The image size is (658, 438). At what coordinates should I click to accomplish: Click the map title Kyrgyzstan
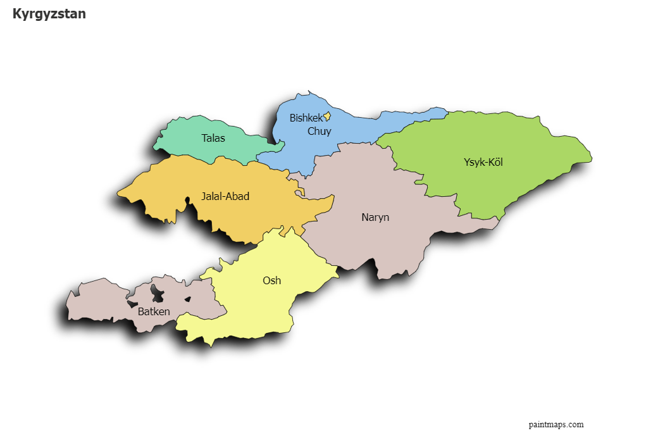pyautogui.click(x=49, y=14)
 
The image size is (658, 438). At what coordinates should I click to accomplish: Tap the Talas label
pyautogui.click(x=213, y=138)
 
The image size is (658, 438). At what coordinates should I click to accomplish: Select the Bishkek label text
pyautogui.click(x=306, y=118)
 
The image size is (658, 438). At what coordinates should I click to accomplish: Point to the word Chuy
pyautogui.click(x=319, y=132)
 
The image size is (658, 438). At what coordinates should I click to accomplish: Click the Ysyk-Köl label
pyautogui.click(x=483, y=163)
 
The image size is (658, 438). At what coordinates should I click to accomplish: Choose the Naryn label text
pyautogui.click(x=375, y=218)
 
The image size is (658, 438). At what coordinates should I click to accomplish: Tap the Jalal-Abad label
pyautogui.click(x=225, y=197)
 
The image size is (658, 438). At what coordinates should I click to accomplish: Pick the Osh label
pyautogui.click(x=272, y=280)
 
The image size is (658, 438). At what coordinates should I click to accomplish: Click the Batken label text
pyautogui.click(x=154, y=312)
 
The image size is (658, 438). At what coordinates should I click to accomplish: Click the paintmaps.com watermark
pyautogui.click(x=556, y=425)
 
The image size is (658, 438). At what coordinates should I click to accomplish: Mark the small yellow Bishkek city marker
pyautogui.click(x=327, y=116)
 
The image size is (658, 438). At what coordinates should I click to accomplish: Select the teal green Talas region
pyautogui.click(x=190, y=142)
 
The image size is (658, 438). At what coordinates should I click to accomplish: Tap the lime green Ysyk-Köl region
pyautogui.click(x=506, y=184)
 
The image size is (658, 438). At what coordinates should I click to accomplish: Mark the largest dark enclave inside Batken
pyautogui.click(x=156, y=293)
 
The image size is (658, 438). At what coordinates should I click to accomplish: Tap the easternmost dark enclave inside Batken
pyautogui.click(x=187, y=299)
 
